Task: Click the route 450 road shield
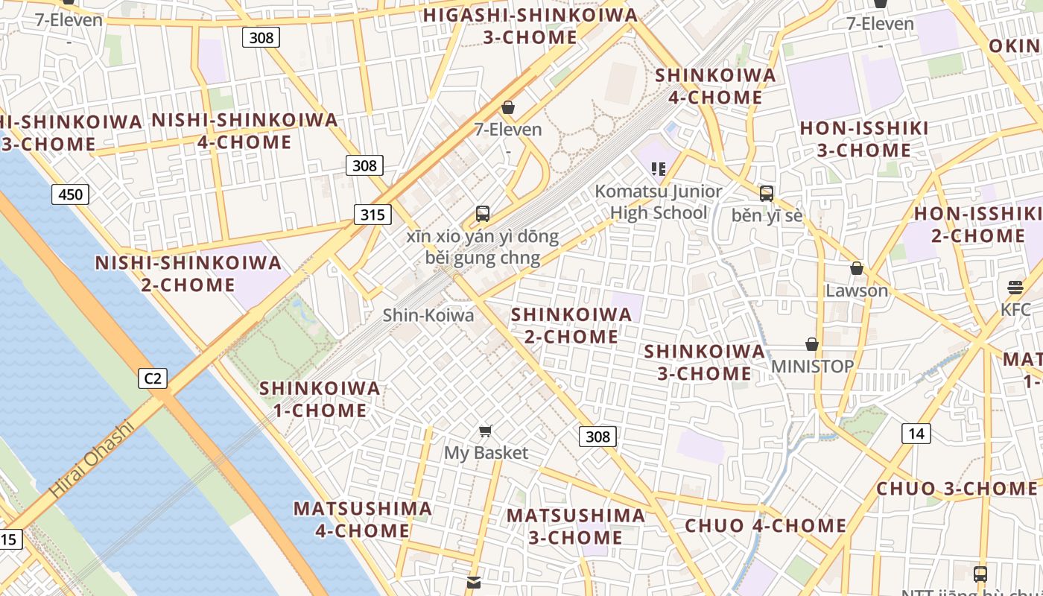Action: tap(70, 194)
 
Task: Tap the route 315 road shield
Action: tap(372, 215)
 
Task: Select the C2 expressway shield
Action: tap(153, 378)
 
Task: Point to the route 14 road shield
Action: tap(916, 433)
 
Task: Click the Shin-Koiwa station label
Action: tap(428, 315)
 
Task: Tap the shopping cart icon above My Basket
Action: tap(486, 431)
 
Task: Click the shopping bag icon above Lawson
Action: tap(857, 268)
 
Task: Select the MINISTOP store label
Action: tap(812, 367)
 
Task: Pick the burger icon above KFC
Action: tap(1015, 287)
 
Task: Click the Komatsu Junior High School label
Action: tap(658, 202)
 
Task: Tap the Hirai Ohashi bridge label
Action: tap(92, 460)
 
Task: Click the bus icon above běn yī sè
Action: tap(766, 194)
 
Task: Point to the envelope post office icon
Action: tap(474, 582)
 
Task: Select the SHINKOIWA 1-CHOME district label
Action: tap(320, 399)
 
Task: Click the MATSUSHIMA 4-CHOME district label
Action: tap(362, 519)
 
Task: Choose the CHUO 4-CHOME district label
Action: tap(765, 526)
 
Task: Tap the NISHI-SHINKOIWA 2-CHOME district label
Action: tap(188, 273)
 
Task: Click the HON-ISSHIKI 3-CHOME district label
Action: tap(864, 139)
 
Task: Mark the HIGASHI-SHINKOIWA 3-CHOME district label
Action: tap(530, 26)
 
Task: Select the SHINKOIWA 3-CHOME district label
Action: tap(704, 362)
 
